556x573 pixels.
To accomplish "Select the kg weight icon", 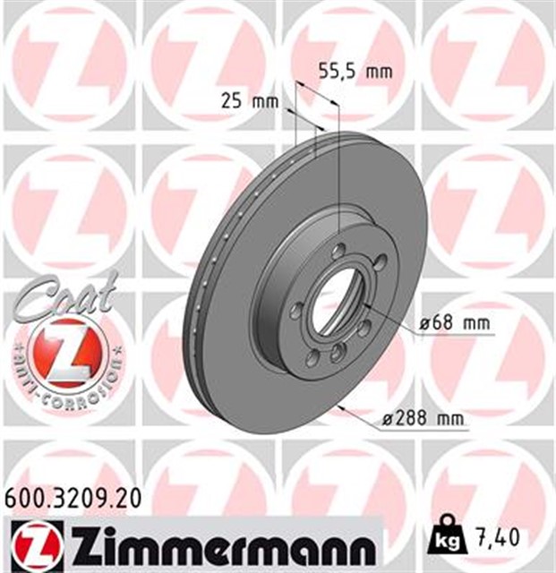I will (x=445, y=539).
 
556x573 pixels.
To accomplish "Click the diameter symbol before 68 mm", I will (x=426, y=323).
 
